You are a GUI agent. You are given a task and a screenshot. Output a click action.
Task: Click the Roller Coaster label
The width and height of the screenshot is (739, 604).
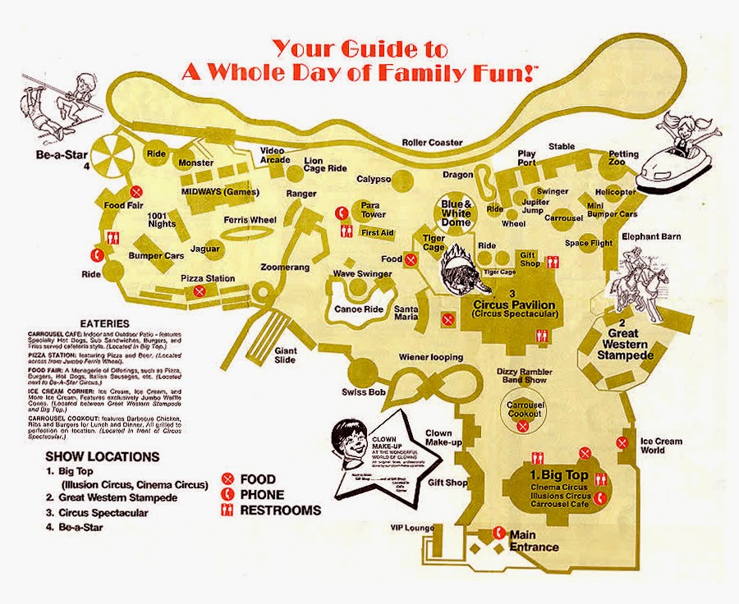tap(432, 142)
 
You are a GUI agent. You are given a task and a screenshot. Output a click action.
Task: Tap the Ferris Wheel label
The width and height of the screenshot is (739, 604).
tap(250, 220)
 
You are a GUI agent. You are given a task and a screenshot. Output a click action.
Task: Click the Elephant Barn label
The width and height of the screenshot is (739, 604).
tap(651, 237)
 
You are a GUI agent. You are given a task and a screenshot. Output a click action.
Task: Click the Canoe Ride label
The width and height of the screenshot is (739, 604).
tap(359, 309)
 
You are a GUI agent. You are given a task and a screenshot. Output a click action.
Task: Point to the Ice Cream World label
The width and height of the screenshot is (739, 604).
tap(661, 446)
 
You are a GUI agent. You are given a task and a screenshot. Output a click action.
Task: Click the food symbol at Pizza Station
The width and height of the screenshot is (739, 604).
tap(199, 291)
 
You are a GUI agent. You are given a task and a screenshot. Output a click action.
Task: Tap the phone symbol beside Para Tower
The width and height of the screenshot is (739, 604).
tap(340, 213)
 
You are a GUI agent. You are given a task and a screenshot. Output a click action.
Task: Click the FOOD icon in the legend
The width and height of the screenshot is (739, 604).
tap(228, 479)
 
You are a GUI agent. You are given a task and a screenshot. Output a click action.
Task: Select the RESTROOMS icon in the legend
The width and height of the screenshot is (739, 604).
tap(228, 510)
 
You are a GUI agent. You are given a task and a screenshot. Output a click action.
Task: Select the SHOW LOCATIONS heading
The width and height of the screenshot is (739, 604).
tap(103, 456)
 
